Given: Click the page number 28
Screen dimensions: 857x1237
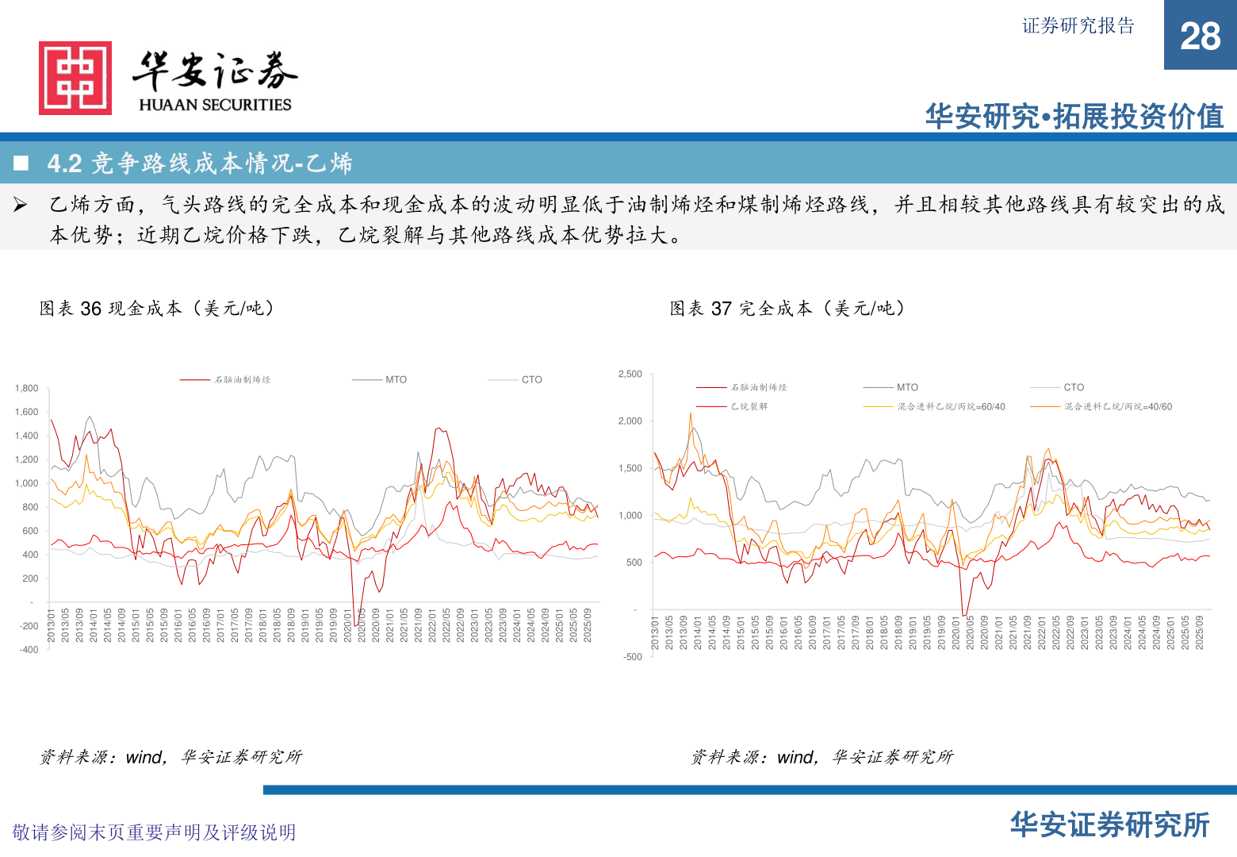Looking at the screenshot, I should (x=1200, y=37).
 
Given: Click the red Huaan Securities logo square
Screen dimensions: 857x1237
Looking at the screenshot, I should (x=75, y=78).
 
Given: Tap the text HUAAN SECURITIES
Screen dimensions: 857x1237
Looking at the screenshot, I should (x=215, y=105).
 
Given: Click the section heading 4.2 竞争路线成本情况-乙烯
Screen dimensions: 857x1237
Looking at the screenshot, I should (x=199, y=163).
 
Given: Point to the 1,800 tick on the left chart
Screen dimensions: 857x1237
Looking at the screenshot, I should (x=26, y=388).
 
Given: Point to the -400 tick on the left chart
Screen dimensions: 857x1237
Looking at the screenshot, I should (x=29, y=650).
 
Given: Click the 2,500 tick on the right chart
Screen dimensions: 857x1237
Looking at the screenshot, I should (x=630, y=374).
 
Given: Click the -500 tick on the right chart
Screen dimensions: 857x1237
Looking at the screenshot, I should (x=632, y=657).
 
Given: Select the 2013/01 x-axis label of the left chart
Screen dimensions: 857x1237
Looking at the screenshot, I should (x=51, y=626).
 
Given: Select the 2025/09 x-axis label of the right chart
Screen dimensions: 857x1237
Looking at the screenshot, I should (x=1200, y=632).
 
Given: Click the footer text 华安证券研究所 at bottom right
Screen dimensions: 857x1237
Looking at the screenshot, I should (x=1109, y=825).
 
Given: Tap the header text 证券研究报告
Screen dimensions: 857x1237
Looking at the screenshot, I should (x=1078, y=26).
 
